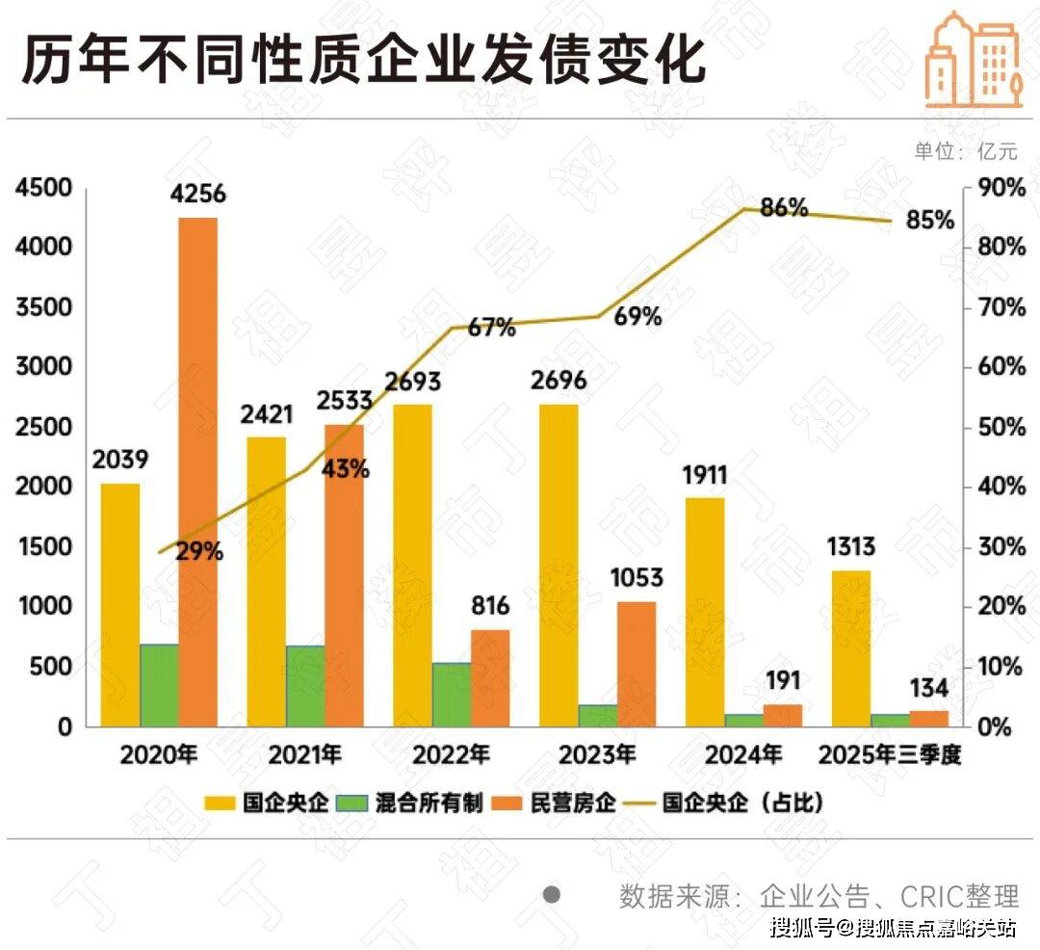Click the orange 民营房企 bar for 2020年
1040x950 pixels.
(x=198, y=472)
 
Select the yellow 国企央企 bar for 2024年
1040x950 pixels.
(x=705, y=612)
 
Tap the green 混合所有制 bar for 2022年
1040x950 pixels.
(x=452, y=695)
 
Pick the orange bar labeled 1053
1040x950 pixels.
(x=637, y=664)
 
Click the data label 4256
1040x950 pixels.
(x=197, y=194)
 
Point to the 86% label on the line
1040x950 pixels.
(x=784, y=207)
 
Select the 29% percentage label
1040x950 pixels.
(x=199, y=552)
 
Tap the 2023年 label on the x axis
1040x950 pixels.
(x=597, y=754)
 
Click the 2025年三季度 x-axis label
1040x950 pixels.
(x=889, y=754)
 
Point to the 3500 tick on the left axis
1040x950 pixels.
(x=43, y=307)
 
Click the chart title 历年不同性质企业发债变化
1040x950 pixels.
(x=364, y=62)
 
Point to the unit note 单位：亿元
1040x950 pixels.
(x=965, y=151)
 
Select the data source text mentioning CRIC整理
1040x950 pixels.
(x=819, y=897)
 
